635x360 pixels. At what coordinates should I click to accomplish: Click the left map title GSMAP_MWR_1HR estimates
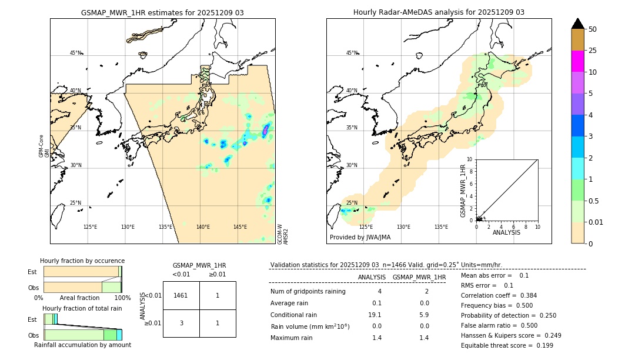(162, 12)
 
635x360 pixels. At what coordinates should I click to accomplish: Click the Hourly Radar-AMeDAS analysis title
(439, 12)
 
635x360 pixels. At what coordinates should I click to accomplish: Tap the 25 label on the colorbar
(593, 51)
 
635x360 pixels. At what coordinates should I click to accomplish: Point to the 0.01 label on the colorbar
(596, 222)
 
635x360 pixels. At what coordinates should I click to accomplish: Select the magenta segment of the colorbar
(578, 61)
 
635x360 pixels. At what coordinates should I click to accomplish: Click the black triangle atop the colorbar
(578, 24)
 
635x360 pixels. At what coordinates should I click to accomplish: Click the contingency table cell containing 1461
(181, 295)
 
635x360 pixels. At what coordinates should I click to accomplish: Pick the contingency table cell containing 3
(181, 323)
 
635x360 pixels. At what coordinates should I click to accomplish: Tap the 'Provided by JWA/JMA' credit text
(360, 238)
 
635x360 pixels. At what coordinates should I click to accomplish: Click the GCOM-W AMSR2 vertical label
(283, 234)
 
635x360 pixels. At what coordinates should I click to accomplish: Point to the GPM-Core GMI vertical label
(44, 146)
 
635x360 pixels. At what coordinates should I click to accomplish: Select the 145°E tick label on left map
(240, 227)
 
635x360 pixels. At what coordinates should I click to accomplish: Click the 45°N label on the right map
(352, 54)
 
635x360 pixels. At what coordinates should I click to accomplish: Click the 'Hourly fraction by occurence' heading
(82, 261)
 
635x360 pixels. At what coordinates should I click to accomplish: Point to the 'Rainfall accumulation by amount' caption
(82, 345)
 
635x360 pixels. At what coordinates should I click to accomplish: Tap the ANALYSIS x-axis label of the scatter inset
(506, 232)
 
